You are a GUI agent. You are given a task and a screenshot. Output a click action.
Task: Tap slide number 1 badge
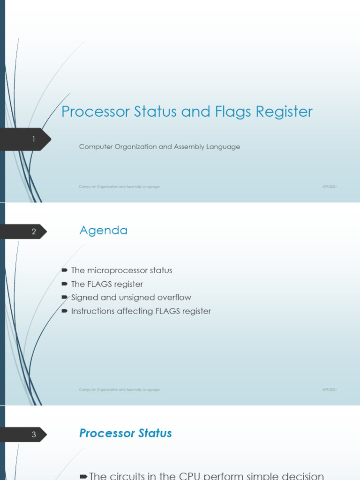point(33,139)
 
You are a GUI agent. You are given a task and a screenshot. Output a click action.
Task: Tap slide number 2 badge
point(33,232)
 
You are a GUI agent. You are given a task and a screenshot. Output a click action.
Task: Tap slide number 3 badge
point(33,435)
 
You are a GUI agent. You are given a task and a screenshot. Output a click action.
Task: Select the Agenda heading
point(103,230)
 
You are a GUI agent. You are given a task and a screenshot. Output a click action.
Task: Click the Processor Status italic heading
point(125,433)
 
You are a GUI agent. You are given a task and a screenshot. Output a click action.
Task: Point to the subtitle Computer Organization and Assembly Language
point(159,147)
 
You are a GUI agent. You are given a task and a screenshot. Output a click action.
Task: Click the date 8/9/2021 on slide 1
point(330,187)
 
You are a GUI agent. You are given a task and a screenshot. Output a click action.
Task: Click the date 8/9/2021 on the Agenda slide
point(330,390)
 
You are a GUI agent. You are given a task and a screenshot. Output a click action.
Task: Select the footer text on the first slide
point(119,187)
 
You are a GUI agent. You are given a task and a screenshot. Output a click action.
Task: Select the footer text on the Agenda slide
point(119,390)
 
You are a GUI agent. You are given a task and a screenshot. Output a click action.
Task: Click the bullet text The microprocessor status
point(121,270)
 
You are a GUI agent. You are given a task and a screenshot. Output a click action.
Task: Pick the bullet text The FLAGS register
point(107,284)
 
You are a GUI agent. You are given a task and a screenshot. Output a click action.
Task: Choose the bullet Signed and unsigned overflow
point(131,297)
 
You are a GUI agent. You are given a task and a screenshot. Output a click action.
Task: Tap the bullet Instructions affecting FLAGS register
point(141,311)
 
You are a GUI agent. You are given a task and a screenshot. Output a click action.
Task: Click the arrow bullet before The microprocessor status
point(65,270)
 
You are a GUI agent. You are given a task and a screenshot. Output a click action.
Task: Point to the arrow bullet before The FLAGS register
point(65,284)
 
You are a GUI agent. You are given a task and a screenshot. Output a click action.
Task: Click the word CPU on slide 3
point(190,476)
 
